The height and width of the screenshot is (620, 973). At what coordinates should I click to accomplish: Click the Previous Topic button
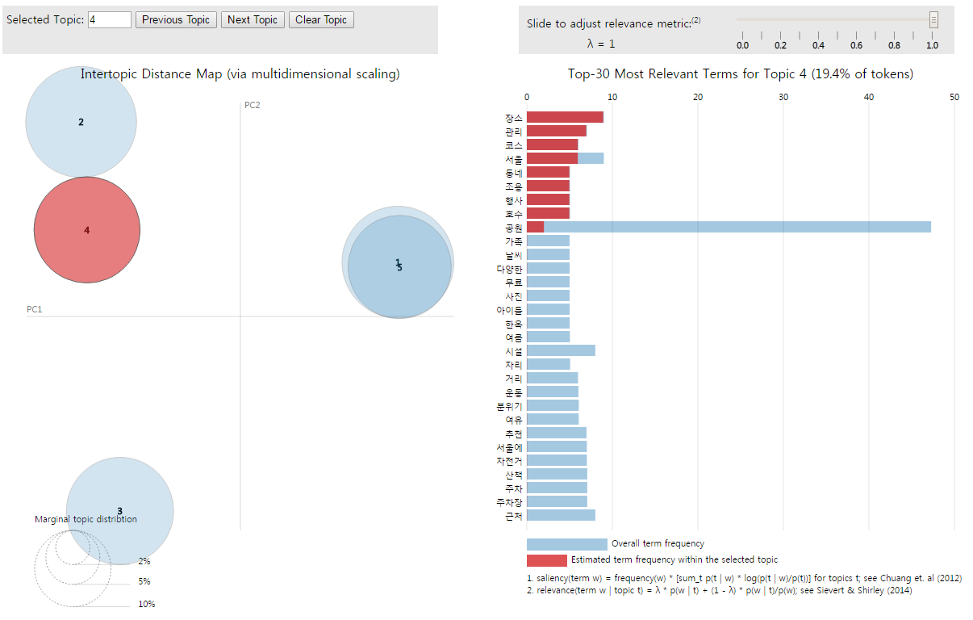[x=176, y=20]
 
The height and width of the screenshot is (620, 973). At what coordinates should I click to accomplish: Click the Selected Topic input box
[x=109, y=20]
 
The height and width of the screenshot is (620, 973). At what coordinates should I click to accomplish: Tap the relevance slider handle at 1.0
[x=933, y=20]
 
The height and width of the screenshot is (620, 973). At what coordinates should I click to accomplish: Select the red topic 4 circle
[x=86, y=230]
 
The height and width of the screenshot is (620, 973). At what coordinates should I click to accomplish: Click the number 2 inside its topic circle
[x=81, y=123]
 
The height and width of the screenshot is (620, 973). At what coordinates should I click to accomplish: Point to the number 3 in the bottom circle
[x=119, y=511]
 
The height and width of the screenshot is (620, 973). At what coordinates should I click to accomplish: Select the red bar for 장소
[x=565, y=118]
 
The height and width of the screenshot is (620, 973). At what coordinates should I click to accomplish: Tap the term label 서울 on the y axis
[x=513, y=159]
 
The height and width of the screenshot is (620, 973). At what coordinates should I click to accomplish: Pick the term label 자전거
[x=509, y=461]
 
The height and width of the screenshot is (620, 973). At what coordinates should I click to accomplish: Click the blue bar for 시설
[x=561, y=351]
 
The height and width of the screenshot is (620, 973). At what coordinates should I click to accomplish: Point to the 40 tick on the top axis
[x=869, y=97]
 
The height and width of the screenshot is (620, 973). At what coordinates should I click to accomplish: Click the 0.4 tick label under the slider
[x=818, y=45]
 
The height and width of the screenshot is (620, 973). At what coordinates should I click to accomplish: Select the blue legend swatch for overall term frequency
[x=566, y=544]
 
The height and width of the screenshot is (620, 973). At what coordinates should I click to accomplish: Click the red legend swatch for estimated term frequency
[x=546, y=560]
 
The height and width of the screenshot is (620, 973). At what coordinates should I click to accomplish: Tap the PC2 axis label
[x=252, y=105]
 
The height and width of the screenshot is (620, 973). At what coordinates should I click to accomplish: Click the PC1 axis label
[x=35, y=309]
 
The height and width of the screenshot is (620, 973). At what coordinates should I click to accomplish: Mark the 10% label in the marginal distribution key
[x=146, y=604]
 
